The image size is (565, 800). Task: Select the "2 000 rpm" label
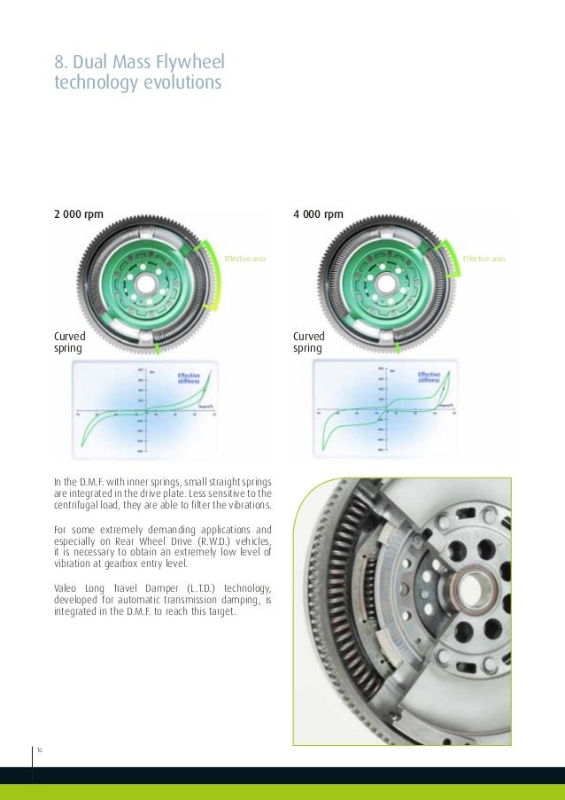tap(79, 214)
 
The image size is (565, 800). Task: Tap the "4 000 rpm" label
tap(318, 214)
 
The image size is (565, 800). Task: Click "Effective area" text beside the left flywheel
tap(244, 259)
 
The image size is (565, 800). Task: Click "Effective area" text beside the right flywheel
tap(484, 259)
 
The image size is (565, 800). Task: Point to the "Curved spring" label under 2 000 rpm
tap(68, 342)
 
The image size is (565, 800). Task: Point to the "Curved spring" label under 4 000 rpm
tap(309, 342)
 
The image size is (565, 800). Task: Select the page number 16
tap(40, 750)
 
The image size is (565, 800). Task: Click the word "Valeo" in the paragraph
tap(67, 587)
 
